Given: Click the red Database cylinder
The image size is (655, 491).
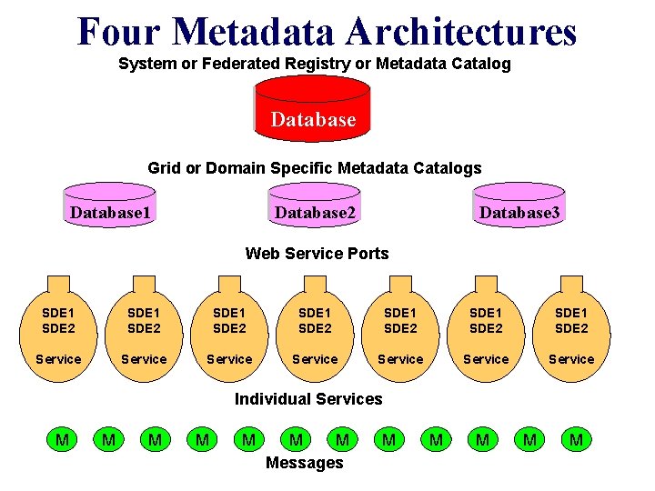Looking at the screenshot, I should coord(312,109).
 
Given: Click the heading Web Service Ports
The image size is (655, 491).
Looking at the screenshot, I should coord(317,254).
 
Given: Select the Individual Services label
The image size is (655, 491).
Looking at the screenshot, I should coord(308,399).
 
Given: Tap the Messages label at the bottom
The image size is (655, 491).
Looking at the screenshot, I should coord(304,464).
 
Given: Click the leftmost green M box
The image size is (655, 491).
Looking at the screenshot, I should coord(62,441).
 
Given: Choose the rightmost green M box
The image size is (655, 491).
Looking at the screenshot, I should coord(575,441).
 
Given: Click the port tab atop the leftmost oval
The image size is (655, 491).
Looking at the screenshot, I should coord(58,281).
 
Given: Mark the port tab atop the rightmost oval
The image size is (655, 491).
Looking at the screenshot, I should coord(571,281).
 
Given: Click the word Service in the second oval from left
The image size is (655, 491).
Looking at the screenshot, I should coord(144,359).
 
